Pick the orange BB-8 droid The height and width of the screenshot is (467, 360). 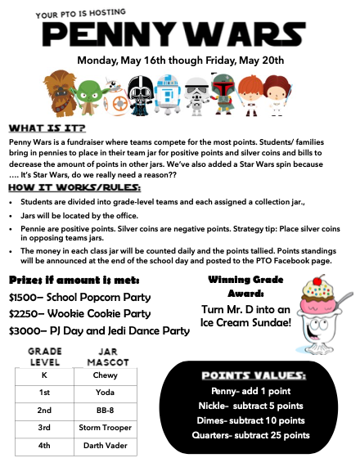click(x=119, y=100)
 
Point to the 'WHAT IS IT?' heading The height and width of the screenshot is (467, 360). click(x=47, y=128)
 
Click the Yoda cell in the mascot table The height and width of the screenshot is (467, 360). click(x=104, y=393)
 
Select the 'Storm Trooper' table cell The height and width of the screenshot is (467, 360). click(x=104, y=428)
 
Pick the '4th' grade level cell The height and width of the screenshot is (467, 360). click(x=45, y=446)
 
